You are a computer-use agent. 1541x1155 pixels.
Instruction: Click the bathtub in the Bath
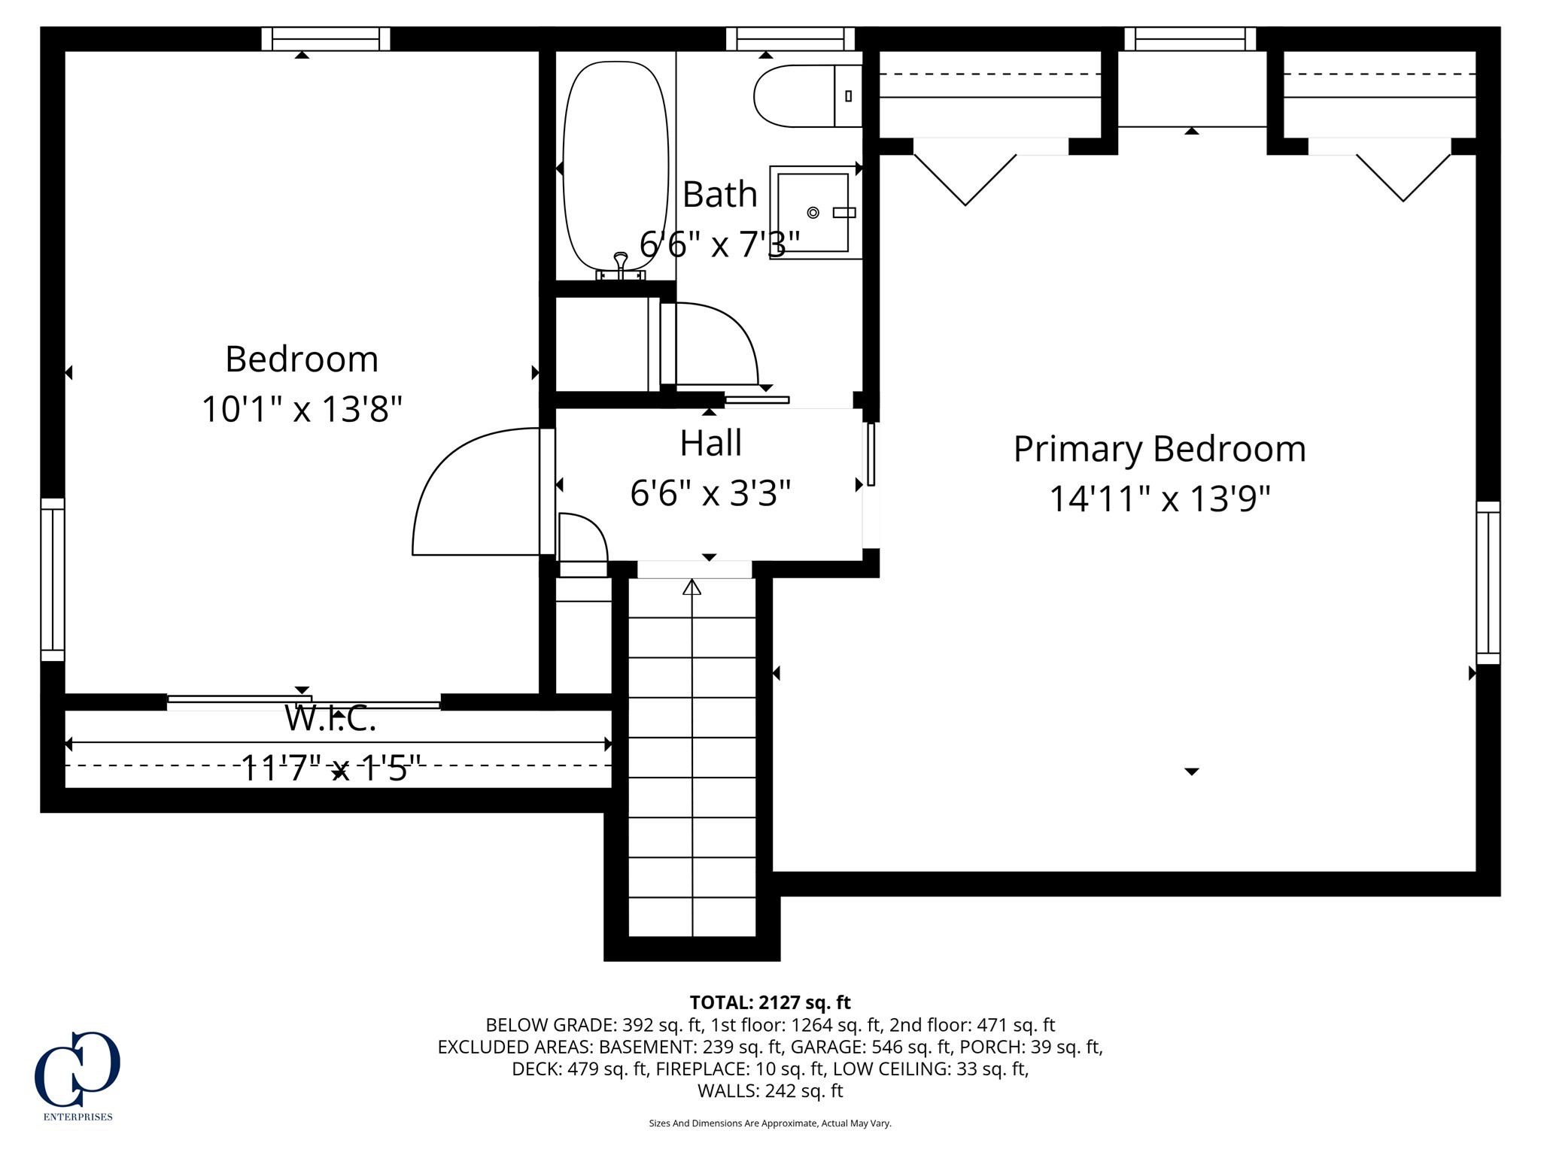615,165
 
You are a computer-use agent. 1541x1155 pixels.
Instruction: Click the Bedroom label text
301,359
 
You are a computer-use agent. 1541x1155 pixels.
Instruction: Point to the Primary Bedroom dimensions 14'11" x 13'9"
1159,498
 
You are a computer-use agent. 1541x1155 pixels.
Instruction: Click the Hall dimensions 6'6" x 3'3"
710,493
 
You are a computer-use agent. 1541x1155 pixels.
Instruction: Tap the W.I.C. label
330,720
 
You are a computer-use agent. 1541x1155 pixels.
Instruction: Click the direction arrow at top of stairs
691,587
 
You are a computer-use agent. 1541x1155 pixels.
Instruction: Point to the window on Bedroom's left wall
53,579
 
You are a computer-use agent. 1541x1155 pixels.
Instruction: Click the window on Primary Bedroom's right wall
1488,583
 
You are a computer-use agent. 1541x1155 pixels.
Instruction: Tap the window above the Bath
790,38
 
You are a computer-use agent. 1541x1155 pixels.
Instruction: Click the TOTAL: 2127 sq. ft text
770,1002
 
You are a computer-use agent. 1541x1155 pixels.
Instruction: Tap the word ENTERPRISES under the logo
78,1117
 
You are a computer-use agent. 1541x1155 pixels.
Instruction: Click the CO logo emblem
78,1068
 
